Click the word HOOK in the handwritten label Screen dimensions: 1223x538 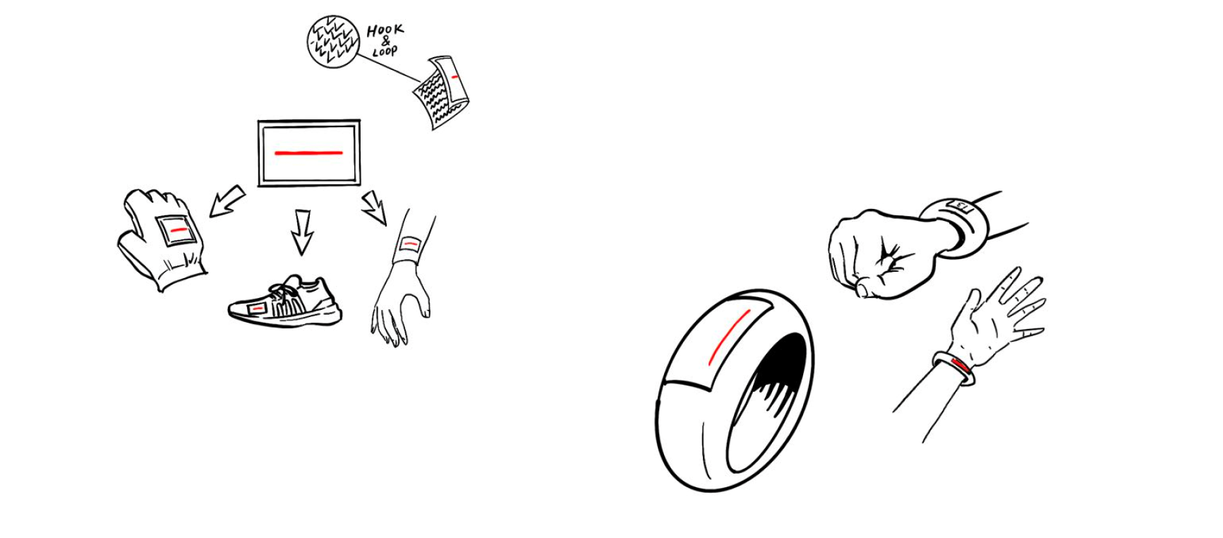coord(385,30)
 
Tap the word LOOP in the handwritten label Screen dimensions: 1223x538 coord(385,51)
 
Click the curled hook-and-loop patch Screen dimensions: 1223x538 coord(442,92)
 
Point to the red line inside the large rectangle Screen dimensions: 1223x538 coord(308,153)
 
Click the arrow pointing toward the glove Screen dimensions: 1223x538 coord(227,201)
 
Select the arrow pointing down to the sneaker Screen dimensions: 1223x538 coord(302,231)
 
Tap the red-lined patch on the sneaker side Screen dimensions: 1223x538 coord(258,308)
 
